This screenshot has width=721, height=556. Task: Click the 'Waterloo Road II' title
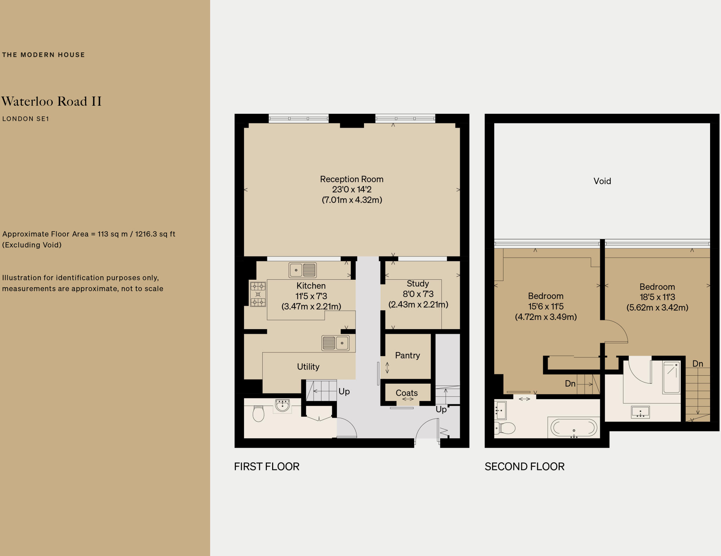pyautogui.click(x=51, y=101)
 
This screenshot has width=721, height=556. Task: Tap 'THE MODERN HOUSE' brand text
pyautogui.click(x=43, y=55)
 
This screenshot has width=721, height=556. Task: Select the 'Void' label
pyautogui.click(x=602, y=181)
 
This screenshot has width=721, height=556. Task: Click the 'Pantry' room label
pyautogui.click(x=407, y=355)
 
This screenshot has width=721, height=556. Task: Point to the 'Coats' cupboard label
pyautogui.click(x=407, y=393)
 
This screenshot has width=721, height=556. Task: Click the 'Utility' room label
pyautogui.click(x=308, y=367)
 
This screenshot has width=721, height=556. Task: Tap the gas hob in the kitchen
pyautogui.click(x=258, y=294)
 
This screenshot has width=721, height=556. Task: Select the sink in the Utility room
pyautogui.click(x=336, y=343)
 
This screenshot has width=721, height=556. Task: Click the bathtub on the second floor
pyautogui.click(x=573, y=428)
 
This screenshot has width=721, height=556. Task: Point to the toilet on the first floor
pyautogui.click(x=258, y=414)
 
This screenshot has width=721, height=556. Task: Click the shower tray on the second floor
pyautogui.click(x=671, y=377)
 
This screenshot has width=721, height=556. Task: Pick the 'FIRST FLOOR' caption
pyautogui.click(x=267, y=467)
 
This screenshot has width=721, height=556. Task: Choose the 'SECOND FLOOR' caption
pyautogui.click(x=524, y=467)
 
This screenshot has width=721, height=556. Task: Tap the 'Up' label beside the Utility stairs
pyautogui.click(x=344, y=391)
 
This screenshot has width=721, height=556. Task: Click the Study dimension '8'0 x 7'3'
pyautogui.click(x=418, y=294)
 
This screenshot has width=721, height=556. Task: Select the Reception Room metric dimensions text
pyautogui.click(x=352, y=200)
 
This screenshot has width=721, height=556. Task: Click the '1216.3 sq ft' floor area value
pyautogui.click(x=155, y=234)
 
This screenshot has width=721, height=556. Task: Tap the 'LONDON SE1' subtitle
pyautogui.click(x=25, y=119)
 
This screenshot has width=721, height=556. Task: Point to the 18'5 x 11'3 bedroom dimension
pyautogui.click(x=657, y=297)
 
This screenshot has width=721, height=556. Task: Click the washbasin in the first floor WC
pyautogui.click(x=282, y=405)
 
